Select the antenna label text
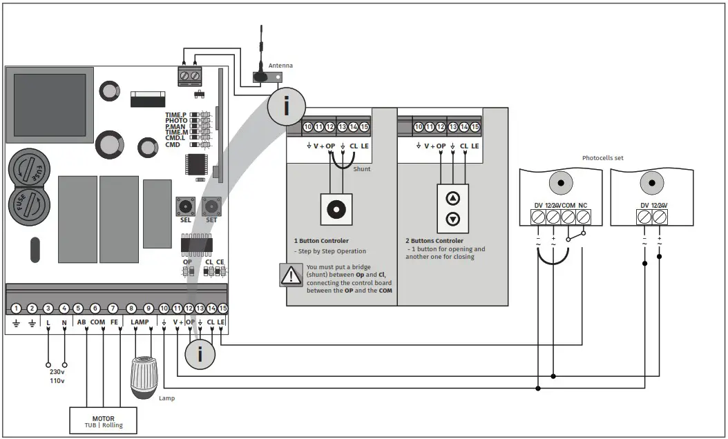click(x=280, y=66)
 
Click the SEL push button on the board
click(x=185, y=206)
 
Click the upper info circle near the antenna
click(x=286, y=106)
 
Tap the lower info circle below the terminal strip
click(x=200, y=354)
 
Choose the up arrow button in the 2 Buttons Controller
click(x=453, y=199)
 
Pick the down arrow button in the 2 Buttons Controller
click(x=453, y=219)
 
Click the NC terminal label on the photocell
click(x=584, y=206)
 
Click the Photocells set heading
click(x=603, y=158)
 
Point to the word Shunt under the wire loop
click(x=362, y=168)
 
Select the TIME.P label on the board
click(x=175, y=115)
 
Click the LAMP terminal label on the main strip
click(x=140, y=322)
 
